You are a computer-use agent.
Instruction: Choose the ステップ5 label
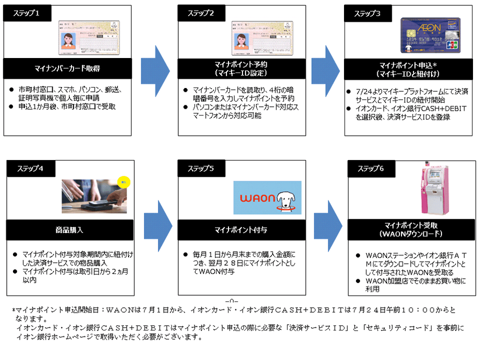click(203, 168)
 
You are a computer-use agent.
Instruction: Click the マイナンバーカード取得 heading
click(67, 68)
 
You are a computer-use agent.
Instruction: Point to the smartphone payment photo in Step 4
click(95, 196)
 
